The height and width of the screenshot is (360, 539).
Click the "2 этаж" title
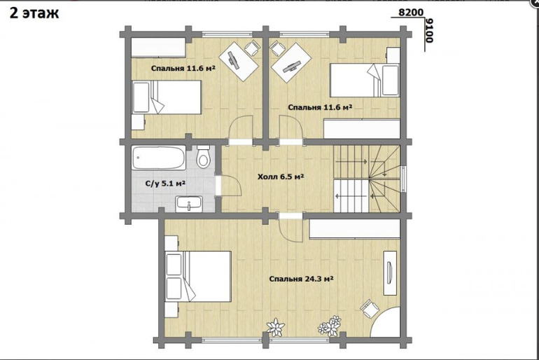34,13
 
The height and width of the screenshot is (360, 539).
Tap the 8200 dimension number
411,13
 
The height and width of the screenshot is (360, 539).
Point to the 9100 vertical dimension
429,30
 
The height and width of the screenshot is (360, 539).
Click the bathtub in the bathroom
159,158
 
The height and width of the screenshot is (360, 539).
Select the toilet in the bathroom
204,156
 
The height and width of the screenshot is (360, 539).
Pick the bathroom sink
189,205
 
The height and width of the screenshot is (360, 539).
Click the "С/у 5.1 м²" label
166,184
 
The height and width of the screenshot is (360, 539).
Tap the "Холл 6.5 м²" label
281,177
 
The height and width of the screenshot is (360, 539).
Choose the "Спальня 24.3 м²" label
301,279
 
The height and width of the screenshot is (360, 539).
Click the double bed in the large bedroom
198,277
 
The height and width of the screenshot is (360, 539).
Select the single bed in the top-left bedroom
167,97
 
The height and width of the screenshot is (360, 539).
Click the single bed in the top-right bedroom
365,80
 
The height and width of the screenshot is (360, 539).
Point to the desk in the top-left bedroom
239,61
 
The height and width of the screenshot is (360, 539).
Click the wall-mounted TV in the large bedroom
390,273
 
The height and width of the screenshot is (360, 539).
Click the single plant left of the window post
276,327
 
